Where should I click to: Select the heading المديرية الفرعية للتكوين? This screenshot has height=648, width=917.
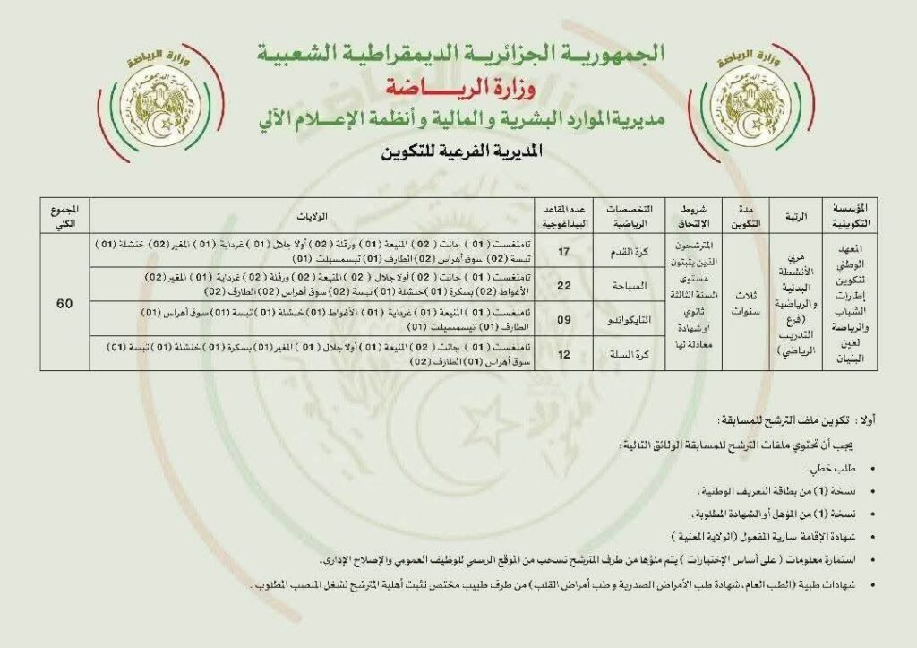(459, 152)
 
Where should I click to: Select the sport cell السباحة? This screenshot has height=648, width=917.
(621, 285)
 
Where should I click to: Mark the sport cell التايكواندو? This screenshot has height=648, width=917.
(621, 319)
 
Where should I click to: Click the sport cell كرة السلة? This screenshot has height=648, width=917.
(621, 353)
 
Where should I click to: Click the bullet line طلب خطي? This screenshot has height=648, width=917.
(829, 470)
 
